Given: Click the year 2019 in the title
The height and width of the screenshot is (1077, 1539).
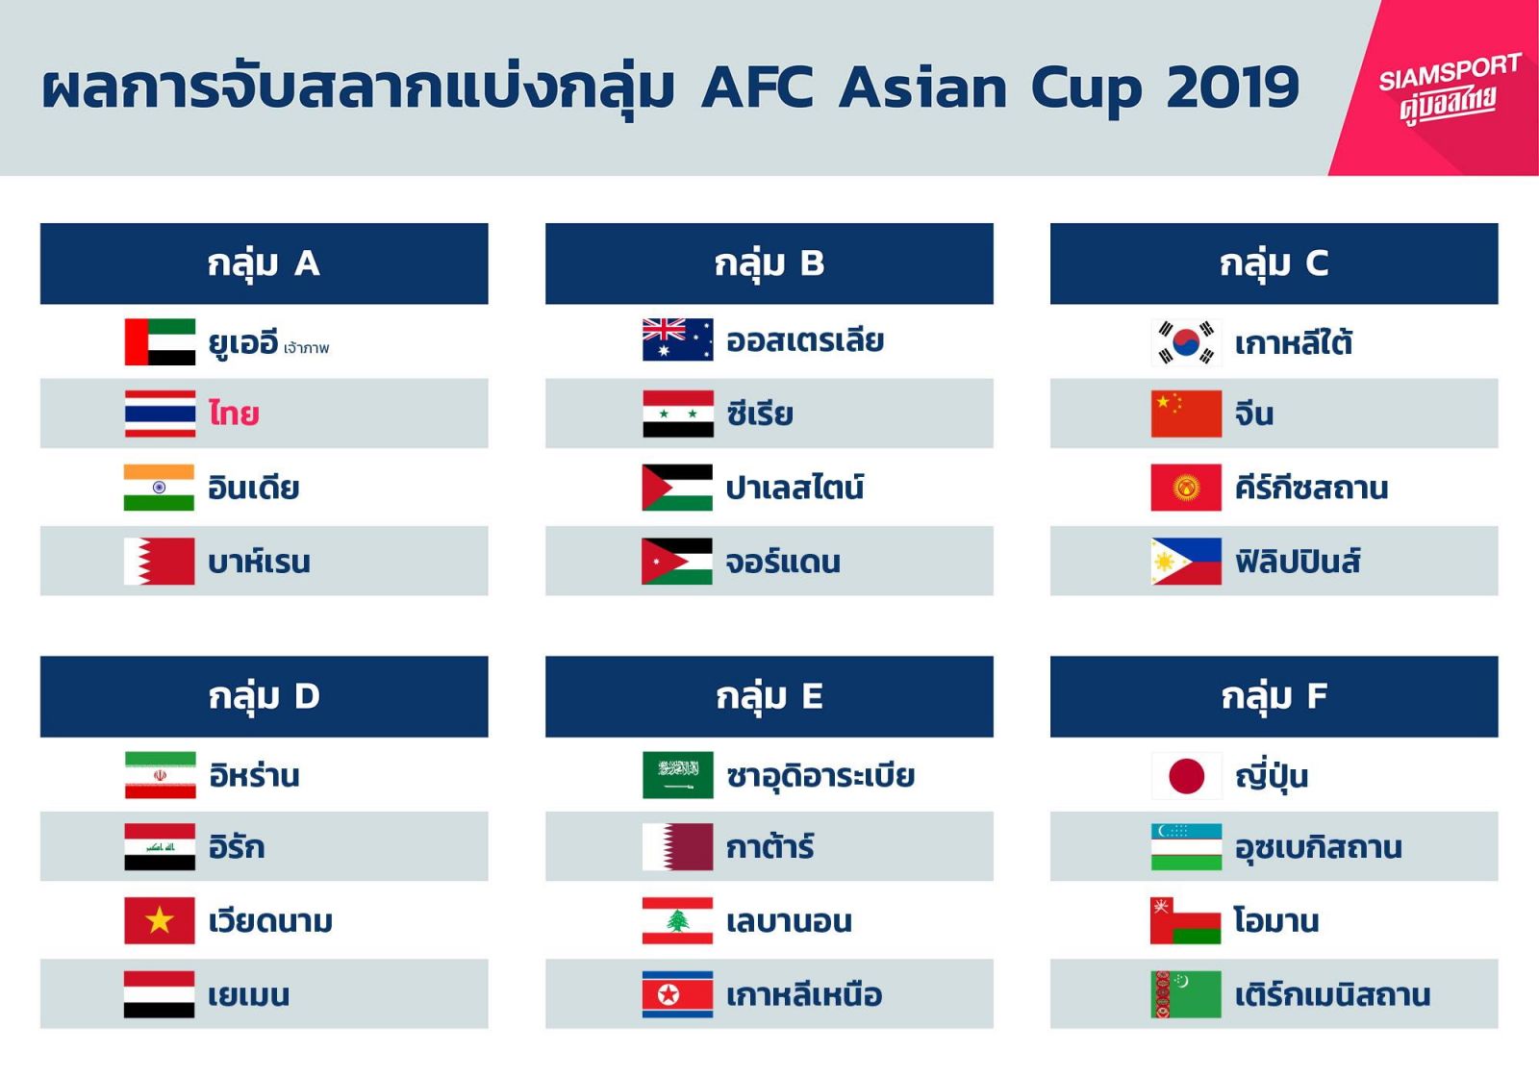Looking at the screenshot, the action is [x=1232, y=88].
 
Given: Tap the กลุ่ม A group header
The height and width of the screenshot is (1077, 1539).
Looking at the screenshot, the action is [x=264, y=263].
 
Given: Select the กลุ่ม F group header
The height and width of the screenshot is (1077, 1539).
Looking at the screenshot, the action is [x=1274, y=696].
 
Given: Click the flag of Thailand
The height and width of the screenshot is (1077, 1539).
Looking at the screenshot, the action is [x=160, y=413].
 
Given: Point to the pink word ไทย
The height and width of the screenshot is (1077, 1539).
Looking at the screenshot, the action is [x=234, y=414].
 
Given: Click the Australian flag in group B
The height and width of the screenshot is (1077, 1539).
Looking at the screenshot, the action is [x=677, y=340].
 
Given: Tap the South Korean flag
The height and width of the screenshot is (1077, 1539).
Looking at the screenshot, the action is [x=1187, y=342].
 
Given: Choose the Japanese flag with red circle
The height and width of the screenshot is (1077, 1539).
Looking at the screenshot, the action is [x=1187, y=776].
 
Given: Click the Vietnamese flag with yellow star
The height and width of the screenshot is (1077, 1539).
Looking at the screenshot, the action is [x=160, y=920].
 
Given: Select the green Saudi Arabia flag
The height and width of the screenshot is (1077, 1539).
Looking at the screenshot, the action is [x=677, y=775].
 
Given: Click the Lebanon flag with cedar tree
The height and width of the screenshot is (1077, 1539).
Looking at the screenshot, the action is [x=677, y=920].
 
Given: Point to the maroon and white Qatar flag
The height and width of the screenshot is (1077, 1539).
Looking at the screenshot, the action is [x=677, y=847].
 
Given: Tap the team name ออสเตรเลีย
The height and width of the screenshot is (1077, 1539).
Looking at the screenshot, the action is [x=805, y=340].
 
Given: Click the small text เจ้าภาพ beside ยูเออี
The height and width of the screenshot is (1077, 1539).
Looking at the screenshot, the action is [x=307, y=348].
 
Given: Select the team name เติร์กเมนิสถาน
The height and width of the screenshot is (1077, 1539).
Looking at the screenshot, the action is [x=1333, y=994].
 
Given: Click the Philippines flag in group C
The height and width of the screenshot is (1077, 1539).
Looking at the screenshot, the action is [x=1187, y=562].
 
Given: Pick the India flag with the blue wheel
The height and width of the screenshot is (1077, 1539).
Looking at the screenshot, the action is [x=159, y=488].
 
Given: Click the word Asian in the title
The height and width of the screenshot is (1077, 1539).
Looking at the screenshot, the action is [x=922, y=88].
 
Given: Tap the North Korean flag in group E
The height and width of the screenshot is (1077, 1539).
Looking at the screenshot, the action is [x=677, y=994].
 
